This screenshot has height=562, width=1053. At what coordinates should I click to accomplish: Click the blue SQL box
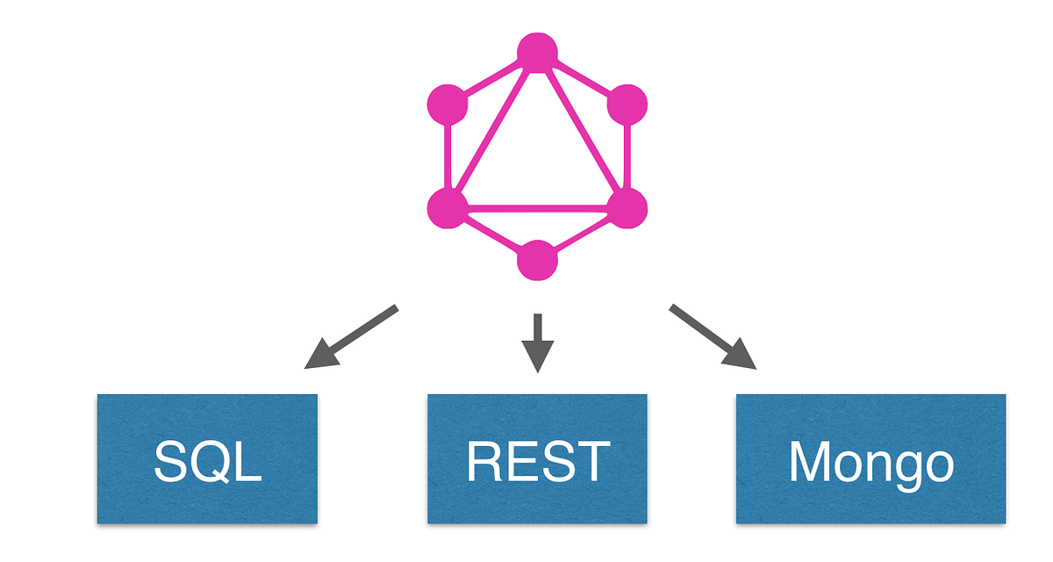[206, 458]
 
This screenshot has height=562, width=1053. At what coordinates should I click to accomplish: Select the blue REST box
[537, 458]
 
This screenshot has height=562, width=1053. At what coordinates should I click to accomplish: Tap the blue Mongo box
[870, 458]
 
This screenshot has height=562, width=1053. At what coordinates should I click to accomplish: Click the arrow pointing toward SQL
[351, 336]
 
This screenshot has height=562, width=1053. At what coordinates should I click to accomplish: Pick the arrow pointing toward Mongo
[713, 336]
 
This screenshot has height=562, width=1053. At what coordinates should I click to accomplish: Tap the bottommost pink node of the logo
[538, 260]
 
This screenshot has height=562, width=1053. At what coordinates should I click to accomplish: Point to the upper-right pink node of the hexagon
[627, 104]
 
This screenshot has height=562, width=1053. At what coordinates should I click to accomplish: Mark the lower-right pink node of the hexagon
[627, 208]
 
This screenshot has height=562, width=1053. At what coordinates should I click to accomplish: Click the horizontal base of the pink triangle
[537, 209]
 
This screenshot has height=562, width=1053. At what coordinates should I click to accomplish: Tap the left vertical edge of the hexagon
[448, 156]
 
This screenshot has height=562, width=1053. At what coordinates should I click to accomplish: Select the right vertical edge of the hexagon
[627, 156]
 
